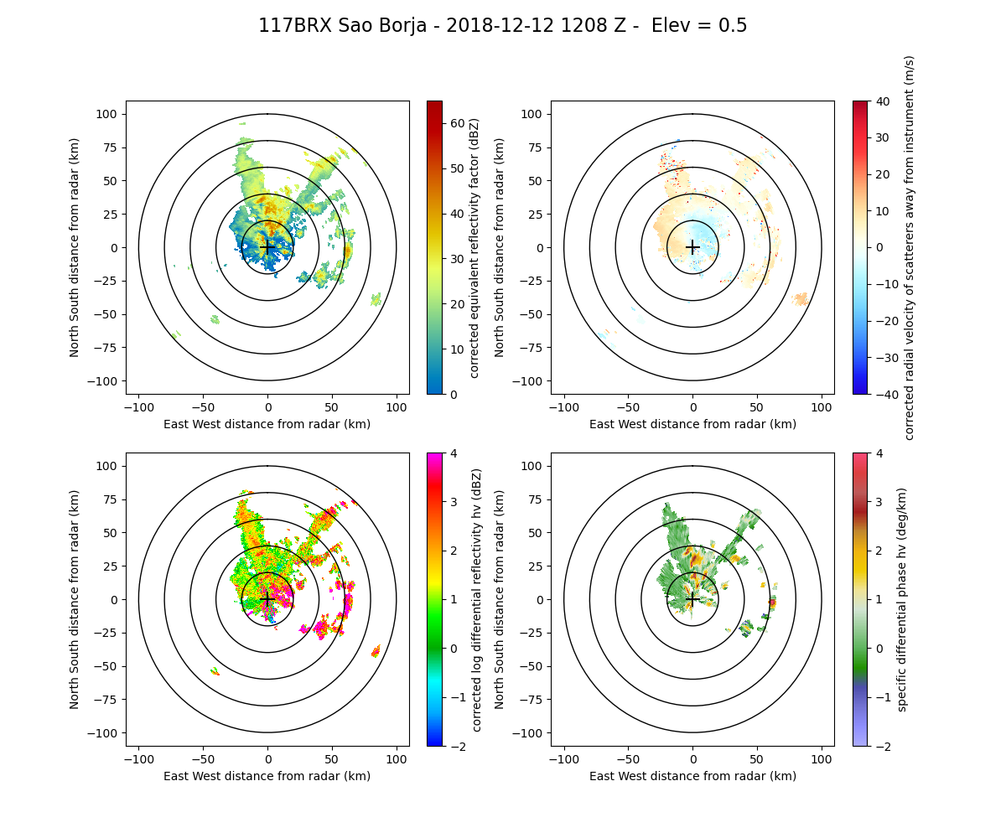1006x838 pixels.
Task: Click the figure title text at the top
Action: point(503,26)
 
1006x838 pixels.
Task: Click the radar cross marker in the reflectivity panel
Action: point(267,247)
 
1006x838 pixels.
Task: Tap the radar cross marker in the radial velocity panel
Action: point(692,247)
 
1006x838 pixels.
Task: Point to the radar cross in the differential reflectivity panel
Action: point(267,599)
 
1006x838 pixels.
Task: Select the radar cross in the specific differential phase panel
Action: point(692,599)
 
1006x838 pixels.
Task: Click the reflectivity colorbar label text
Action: point(474,247)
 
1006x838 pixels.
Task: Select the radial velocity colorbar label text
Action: point(910,247)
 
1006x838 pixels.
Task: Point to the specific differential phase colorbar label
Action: point(902,599)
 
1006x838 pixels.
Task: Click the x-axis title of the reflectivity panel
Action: point(267,424)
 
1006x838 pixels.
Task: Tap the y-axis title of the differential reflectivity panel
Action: point(75,599)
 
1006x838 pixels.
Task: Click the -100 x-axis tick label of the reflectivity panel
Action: point(139,407)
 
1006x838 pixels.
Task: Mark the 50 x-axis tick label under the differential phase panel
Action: point(757,759)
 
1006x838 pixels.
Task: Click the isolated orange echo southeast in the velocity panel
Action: point(801,298)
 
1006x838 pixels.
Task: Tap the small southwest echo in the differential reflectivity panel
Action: point(215,670)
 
